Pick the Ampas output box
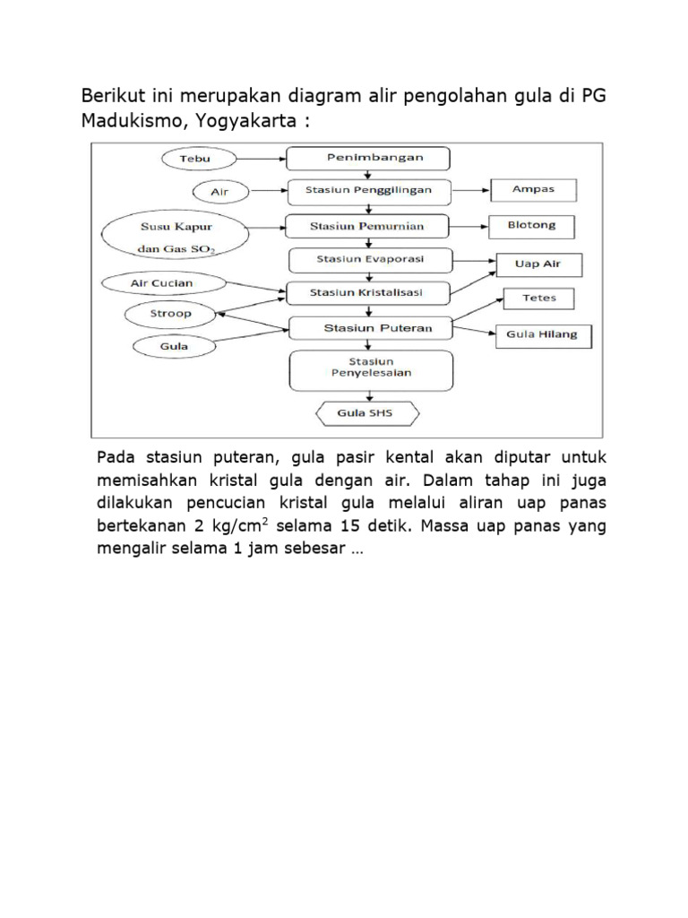(534, 190)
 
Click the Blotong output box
(532, 226)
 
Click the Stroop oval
(170, 314)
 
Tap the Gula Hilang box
(542, 335)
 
